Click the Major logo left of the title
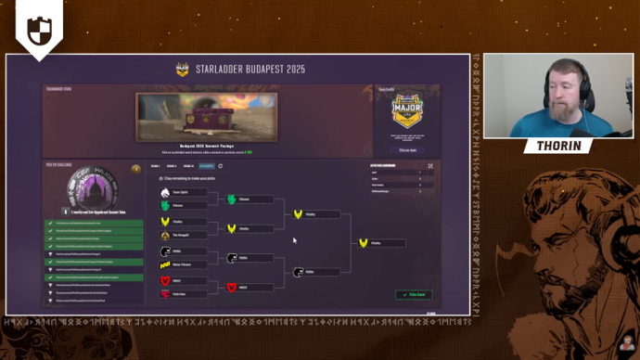coord(183,69)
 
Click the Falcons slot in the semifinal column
coord(245,199)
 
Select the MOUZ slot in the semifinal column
coord(245,288)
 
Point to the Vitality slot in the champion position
coord(375,243)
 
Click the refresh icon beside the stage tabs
coord(221,166)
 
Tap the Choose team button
coord(407,149)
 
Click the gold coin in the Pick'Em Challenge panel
coord(135,170)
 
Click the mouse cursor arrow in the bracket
coord(295,240)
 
